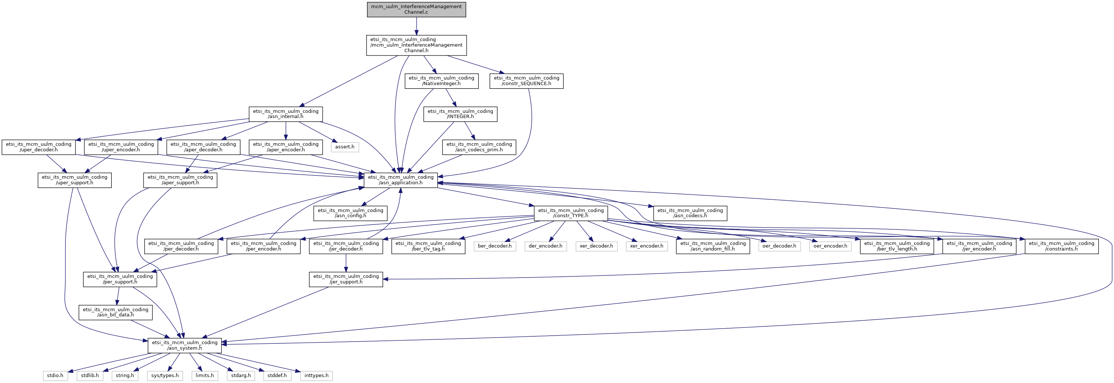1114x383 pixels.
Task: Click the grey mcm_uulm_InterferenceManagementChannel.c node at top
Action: pos(416,10)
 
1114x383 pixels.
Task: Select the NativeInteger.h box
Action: pos(441,81)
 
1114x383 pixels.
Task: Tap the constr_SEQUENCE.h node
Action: pos(526,81)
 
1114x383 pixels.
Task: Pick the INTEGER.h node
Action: pos(460,114)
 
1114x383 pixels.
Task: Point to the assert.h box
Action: pos(345,147)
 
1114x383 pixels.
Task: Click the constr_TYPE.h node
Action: pos(571,213)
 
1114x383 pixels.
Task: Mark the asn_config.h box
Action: pos(350,213)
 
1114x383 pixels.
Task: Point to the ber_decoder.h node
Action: pos(495,246)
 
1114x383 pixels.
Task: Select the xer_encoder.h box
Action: pos(646,246)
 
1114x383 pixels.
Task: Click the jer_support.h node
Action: pos(346,279)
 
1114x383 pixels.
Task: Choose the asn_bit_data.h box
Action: pos(115,312)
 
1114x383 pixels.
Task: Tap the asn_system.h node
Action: pos(185,345)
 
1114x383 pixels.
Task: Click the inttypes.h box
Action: pos(316,375)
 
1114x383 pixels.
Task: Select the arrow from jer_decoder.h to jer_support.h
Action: pos(346,263)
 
